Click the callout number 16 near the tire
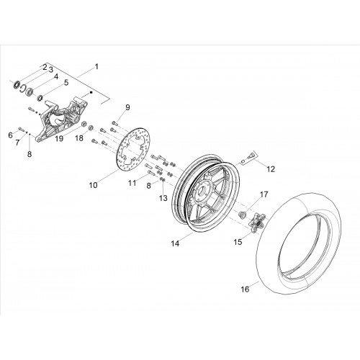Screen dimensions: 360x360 pos(245,289)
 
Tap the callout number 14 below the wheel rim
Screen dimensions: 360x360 pos(175,243)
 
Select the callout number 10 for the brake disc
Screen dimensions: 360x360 pos(94,185)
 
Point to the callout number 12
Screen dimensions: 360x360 pos(271,169)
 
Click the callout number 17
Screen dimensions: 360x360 pos(264,194)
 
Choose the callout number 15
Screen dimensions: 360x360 pos(238,242)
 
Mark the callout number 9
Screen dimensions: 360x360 pos(127,107)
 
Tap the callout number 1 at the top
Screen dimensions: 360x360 pos(96,66)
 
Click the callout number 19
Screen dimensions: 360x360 pos(59,138)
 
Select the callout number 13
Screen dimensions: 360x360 pos(163,198)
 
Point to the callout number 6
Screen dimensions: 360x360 pos(10,135)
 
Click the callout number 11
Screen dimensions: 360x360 pos(132,183)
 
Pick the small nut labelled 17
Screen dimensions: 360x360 pos(242,214)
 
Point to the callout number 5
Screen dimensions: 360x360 pos(66,82)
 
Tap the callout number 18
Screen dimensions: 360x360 pos(79,138)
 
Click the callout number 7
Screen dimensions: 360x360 pos(17,143)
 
